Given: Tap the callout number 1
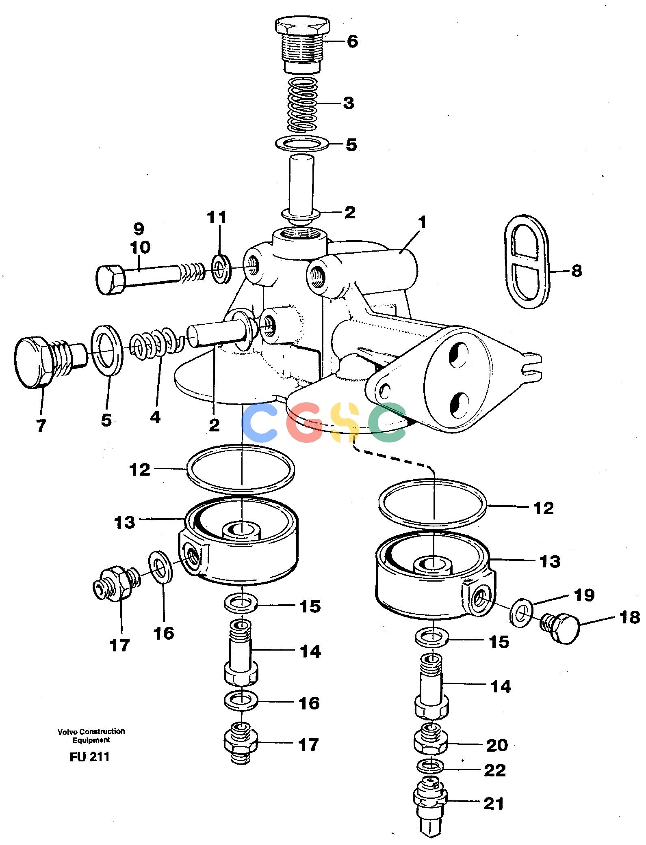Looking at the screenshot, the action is coord(423,222).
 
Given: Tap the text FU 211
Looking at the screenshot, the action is coord(89,757).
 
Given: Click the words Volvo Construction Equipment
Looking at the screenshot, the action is coord(91,735).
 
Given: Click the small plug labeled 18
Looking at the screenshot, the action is coord(560,627).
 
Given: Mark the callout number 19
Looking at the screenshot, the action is coord(584,595).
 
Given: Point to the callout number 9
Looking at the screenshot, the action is coord(139,228).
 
